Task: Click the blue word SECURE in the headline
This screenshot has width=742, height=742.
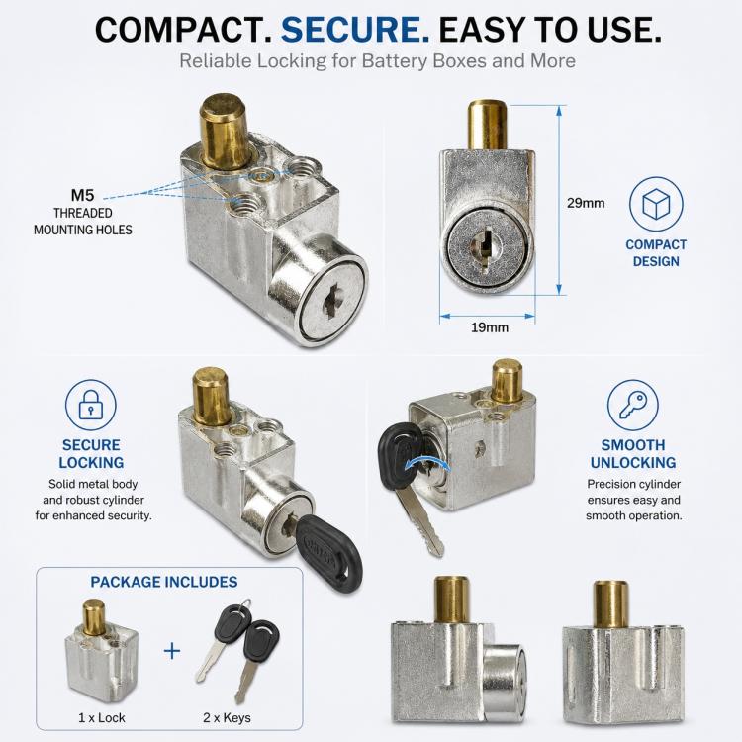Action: click(355, 30)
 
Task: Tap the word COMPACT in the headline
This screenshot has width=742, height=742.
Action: click(184, 30)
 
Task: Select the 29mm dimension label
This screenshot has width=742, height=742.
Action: click(586, 203)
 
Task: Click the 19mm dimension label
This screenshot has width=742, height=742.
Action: click(490, 327)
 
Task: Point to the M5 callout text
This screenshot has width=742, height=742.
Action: click(82, 195)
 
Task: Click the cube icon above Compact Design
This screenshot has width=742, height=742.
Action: click(656, 204)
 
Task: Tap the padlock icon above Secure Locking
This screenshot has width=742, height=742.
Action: click(90, 405)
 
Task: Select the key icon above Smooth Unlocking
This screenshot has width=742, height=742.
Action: click(633, 405)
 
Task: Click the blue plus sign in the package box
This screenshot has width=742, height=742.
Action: click(172, 651)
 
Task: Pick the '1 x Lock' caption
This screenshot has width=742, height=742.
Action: click(102, 718)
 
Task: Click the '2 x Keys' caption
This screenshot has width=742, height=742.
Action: click(228, 718)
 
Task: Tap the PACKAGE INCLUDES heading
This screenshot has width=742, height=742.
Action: click(164, 582)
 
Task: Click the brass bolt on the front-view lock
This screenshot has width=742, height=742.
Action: click(488, 126)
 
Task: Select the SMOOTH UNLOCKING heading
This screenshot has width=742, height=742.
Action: click(633, 454)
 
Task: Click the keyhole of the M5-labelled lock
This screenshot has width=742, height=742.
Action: click(331, 299)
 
